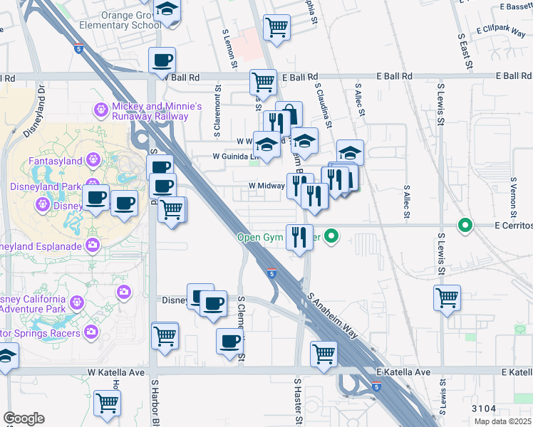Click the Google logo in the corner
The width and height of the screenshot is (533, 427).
[24, 418]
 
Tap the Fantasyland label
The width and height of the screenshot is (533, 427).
[56, 162]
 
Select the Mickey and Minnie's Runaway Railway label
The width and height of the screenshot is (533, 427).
[157, 112]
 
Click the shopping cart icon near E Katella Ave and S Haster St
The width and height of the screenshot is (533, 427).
[324, 353]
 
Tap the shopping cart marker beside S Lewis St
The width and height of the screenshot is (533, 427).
[447, 297]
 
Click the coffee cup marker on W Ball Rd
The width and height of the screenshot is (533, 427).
[162, 60]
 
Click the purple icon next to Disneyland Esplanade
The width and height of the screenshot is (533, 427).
[93, 246]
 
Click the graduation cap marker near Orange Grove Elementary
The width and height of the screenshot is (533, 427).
[167, 9]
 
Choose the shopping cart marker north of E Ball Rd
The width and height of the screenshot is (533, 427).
[276, 28]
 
